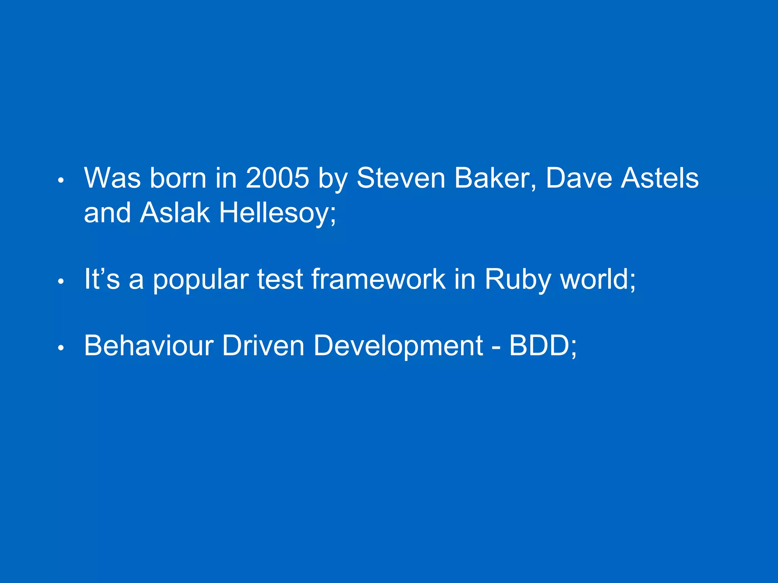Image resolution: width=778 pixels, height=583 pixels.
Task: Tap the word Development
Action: (398, 346)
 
